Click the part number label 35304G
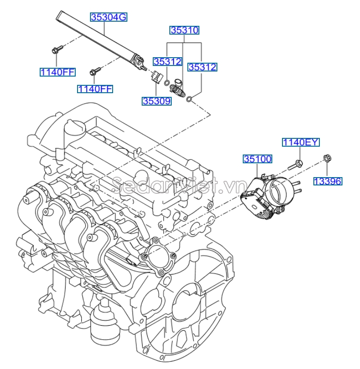point(108,18)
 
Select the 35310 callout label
point(184,30)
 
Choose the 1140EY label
point(300,142)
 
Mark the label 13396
point(328,181)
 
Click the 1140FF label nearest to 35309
point(95,89)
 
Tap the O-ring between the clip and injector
point(166,83)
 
